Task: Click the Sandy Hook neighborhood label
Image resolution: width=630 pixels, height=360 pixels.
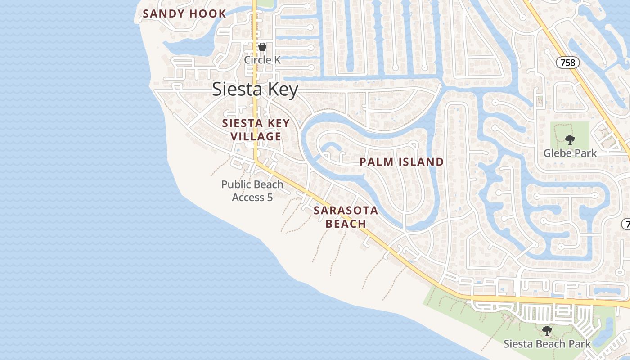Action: point(184,13)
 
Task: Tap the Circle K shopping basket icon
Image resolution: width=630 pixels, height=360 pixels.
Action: point(262,47)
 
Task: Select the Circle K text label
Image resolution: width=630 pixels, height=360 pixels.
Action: point(262,60)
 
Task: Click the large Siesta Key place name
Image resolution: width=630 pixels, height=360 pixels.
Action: point(255,90)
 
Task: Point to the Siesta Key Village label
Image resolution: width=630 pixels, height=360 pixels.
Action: point(256,130)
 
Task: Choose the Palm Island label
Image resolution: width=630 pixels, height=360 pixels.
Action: point(401,162)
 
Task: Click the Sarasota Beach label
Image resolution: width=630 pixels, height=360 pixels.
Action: point(346,217)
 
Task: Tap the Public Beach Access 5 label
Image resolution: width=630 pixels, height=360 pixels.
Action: point(252,191)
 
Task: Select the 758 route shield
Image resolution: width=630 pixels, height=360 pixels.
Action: point(567,63)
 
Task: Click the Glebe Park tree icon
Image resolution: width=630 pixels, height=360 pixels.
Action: point(570,139)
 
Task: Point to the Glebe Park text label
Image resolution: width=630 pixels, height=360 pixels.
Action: point(570,153)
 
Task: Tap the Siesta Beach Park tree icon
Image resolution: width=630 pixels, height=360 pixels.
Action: point(547,331)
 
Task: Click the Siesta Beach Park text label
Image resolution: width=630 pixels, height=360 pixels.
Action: point(547,344)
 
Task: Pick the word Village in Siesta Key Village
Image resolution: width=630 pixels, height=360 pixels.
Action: point(256,136)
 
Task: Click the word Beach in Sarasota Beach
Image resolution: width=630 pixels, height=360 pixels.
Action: point(346,224)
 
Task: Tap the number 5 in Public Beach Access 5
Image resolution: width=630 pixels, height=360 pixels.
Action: point(270,198)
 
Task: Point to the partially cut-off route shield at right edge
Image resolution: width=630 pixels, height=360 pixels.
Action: point(625,224)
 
